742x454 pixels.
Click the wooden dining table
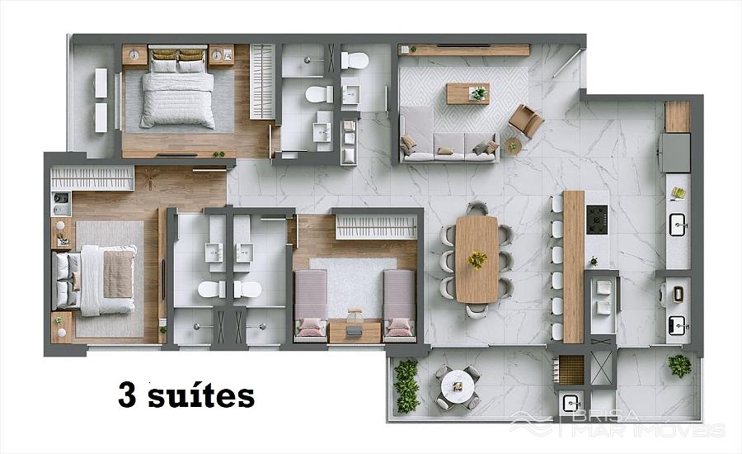(477, 258)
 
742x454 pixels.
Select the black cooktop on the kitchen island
(597, 220)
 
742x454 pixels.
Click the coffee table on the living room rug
(468, 93)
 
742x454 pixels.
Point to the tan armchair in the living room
(526, 121)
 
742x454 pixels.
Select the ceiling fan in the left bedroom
(153, 180)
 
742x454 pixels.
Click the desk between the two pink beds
(355, 332)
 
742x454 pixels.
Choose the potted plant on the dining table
(477, 260)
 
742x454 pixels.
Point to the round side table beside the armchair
(513, 145)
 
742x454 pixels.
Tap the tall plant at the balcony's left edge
(406, 385)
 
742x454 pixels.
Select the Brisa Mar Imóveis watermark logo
(618, 424)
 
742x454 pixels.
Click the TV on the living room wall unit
(463, 45)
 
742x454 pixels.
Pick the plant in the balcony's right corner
(679, 366)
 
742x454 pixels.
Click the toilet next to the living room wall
(355, 59)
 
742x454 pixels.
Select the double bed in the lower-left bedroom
(96, 280)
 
